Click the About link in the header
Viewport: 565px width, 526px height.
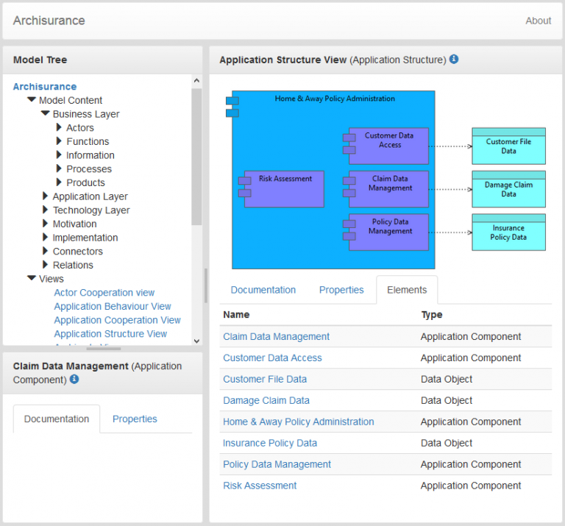pos(538,21)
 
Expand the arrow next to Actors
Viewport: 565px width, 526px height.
pos(59,128)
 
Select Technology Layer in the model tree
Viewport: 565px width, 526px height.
pos(90,210)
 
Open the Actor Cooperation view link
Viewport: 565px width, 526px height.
pos(104,293)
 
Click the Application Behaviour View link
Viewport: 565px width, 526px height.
pos(113,306)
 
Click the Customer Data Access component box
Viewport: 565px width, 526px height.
pos(389,145)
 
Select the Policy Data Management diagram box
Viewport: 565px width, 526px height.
pos(389,232)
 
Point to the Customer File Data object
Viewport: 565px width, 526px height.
pos(508,146)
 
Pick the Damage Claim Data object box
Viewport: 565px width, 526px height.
pos(508,189)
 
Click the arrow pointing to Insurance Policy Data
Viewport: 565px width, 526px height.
pos(449,232)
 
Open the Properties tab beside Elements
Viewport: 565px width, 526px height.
pos(341,290)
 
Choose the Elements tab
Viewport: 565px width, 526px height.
pos(407,290)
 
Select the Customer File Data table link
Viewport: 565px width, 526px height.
pos(265,380)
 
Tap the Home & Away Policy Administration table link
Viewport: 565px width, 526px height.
pos(298,422)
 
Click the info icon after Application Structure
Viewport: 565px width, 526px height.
pos(454,59)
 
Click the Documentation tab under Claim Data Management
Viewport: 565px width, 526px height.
pos(57,419)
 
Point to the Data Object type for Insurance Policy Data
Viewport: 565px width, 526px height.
pos(447,444)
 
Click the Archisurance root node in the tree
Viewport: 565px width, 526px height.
pos(45,87)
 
